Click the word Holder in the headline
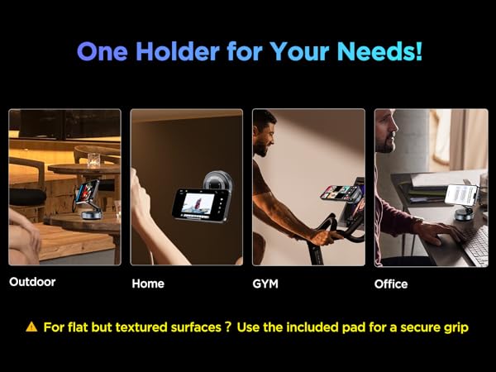(166, 51)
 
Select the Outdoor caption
(32, 282)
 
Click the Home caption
(148, 284)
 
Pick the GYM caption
(265, 284)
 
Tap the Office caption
(391, 284)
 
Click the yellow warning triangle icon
(31, 327)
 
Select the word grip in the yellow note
(455, 327)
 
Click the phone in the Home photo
(200, 204)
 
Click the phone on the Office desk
(462, 194)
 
